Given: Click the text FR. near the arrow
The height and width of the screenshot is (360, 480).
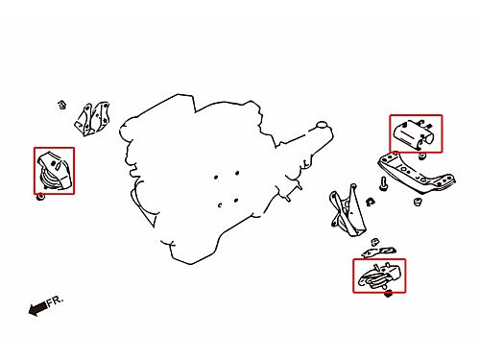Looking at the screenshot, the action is (55, 301).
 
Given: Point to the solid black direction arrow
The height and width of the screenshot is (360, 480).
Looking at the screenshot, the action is (37, 308).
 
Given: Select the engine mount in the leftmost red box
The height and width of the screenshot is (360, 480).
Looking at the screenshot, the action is (54, 172).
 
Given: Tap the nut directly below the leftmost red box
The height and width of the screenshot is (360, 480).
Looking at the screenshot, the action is (40, 197).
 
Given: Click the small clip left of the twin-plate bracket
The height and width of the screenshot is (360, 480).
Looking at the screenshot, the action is (62, 105).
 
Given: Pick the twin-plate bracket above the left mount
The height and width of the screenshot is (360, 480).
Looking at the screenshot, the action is (92, 119).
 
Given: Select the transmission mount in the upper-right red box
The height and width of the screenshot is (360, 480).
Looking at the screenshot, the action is (415, 134).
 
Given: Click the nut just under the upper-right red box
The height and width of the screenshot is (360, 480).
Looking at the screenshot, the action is (422, 156).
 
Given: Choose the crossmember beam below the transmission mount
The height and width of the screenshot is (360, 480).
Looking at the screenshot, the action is (417, 174).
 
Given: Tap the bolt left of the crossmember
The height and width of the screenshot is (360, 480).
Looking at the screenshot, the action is (384, 184).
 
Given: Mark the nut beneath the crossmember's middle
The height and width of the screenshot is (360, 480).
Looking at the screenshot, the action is (417, 202).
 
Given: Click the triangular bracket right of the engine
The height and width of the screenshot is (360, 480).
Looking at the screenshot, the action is (348, 210).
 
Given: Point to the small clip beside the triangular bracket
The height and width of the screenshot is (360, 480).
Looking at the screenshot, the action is (371, 202).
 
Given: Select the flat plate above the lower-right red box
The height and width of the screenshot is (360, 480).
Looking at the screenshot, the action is (378, 252).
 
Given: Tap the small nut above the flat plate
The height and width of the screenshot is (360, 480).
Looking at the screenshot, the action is (375, 242).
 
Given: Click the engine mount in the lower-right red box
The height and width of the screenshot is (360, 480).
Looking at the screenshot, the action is (379, 276).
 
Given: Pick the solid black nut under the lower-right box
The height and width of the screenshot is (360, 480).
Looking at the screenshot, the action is (388, 293).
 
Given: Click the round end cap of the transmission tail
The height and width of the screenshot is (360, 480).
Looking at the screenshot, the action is (322, 125).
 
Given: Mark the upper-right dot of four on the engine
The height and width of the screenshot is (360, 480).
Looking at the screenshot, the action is (237, 173).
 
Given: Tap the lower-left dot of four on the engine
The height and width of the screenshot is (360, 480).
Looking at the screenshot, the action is (220, 205).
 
